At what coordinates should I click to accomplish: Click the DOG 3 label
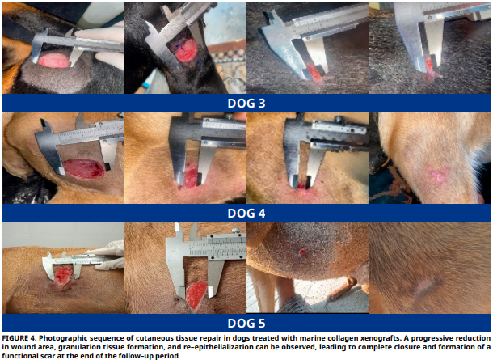247,104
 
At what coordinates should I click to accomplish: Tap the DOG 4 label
247,214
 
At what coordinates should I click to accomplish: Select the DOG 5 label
247,323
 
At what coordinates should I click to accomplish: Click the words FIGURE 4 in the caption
19,338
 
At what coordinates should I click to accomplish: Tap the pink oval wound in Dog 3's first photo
54,61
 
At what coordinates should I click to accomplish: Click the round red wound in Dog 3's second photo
187,50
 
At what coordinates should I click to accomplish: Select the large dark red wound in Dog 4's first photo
83,168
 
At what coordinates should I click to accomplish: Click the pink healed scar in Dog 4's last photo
437,174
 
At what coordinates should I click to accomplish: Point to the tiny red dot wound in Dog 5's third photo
302,252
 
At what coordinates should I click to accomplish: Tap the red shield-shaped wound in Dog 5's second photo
196,294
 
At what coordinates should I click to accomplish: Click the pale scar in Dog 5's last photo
424,286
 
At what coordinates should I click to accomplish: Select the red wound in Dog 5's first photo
63,275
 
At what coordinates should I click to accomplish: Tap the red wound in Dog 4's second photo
190,178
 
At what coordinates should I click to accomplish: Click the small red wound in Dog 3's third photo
314,72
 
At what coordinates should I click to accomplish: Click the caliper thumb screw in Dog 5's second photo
235,231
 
